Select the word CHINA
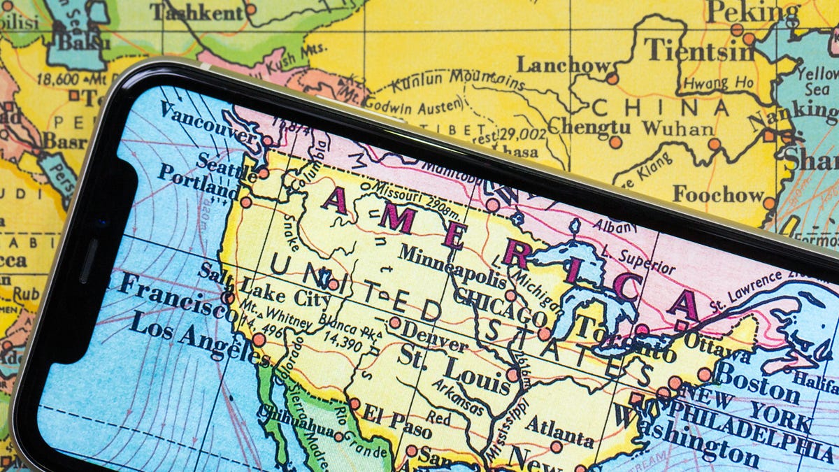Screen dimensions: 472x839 (660, 108)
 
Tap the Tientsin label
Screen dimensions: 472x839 (689, 50)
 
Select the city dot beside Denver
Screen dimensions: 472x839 (395, 322)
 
